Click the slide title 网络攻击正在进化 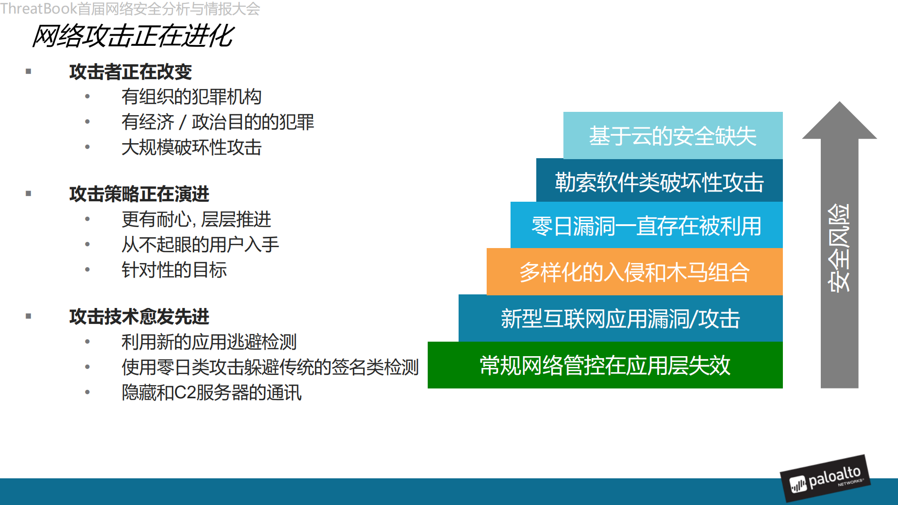tap(133, 36)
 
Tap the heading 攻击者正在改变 tap(131, 72)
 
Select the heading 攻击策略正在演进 tap(139, 194)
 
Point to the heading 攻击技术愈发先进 tap(139, 316)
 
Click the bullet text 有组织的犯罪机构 tap(191, 97)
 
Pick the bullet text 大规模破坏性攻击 tap(191, 147)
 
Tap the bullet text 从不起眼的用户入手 tap(200, 244)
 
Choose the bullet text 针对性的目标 tap(174, 270)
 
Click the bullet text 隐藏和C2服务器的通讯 tap(211, 393)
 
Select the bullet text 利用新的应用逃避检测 tap(209, 342)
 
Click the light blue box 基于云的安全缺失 tap(672, 136)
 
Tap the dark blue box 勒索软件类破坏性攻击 tap(659, 182)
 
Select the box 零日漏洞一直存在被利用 tap(646, 226)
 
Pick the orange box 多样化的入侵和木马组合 tap(634, 272)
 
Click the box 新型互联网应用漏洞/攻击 tap(620, 319)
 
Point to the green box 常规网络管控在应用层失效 tap(605, 365)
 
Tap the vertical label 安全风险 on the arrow tap(839, 248)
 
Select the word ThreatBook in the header tap(38, 8)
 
